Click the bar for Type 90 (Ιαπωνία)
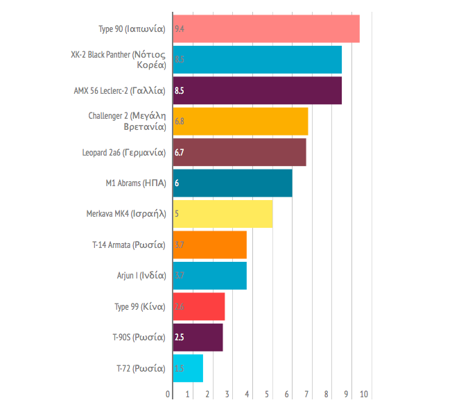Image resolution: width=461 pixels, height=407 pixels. (266, 29)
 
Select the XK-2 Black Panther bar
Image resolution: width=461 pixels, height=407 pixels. (256, 60)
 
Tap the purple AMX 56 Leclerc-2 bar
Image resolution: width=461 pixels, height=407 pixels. (256, 90)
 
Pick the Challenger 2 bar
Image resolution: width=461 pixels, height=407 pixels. (240, 121)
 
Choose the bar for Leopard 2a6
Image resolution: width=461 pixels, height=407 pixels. (239, 152)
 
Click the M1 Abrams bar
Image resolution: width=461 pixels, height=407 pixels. (232, 183)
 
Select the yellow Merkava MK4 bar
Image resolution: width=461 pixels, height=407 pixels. (222, 214)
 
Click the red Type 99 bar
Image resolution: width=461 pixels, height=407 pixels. (198, 306)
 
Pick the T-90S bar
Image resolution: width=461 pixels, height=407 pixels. (198, 338)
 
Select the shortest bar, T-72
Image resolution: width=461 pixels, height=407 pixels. (188, 368)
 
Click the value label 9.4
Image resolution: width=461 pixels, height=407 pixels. (180, 29)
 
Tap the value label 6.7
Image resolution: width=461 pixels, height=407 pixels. (180, 152)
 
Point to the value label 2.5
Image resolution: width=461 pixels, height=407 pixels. (180, 338)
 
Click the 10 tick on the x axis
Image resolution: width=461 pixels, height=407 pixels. (365, 394)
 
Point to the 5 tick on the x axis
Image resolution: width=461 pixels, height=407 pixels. (268, 394)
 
